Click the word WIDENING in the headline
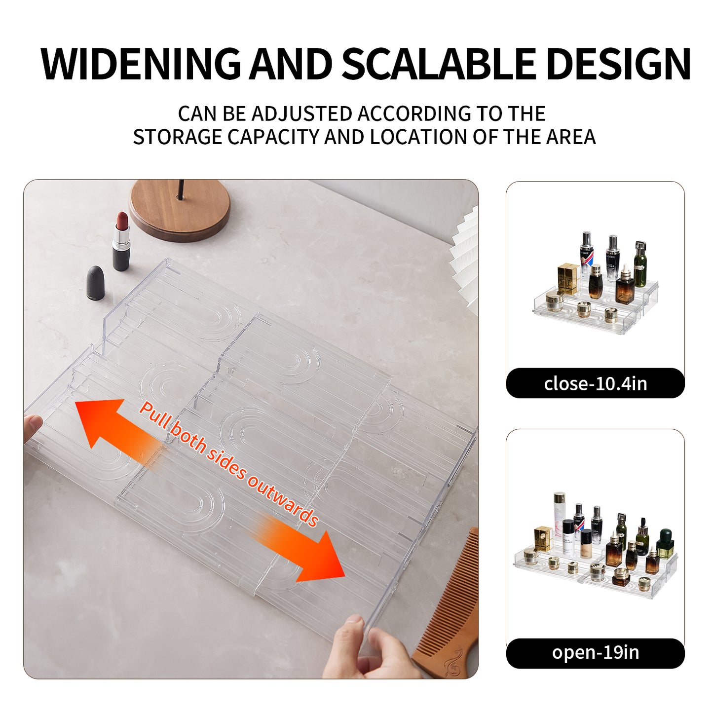(141, 64)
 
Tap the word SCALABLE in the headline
(438, 64)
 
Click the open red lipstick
(121, 242)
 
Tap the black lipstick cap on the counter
(95, 283)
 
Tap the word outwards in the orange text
(283, 499)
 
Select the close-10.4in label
(595, 383)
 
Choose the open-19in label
(595, 653)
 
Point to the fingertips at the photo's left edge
(33, 424)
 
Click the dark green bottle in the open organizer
(665, 543)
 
